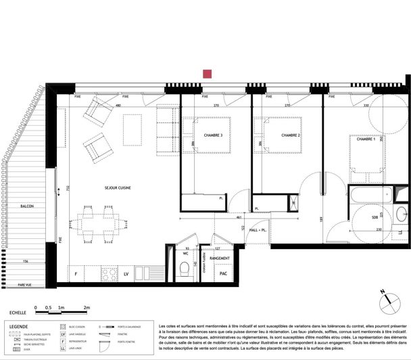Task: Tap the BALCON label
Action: pyautogui.click(x=27, y=206)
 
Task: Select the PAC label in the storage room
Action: pyautogui.click(x=221, y=273)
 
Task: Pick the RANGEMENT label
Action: pyautogui.click(x=221, y=258)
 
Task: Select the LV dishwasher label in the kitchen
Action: pyautogui.click(x=126, y=274)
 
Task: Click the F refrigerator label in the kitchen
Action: pyautogui.click(x=76, y=274)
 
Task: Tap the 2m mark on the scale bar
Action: pyautogui.click(x=87, y=307)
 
